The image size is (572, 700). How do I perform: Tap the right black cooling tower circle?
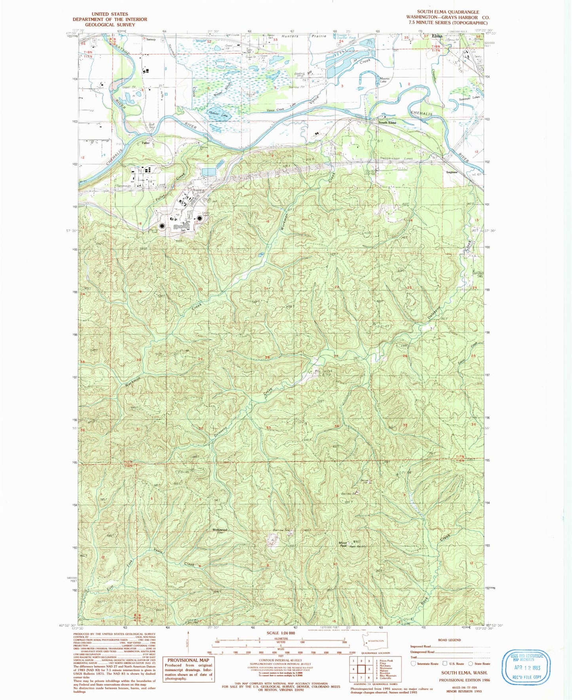click(x=200, y=218)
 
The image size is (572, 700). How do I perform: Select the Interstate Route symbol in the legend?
click(x=414, y=663)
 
